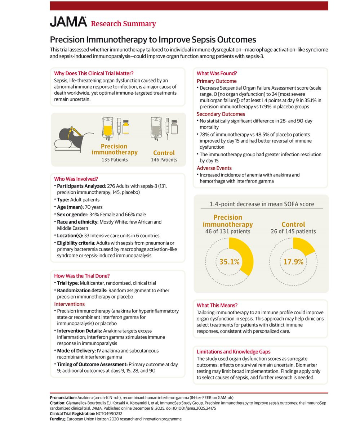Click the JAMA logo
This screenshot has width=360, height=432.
68,22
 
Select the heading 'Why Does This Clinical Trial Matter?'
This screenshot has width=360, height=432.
94,73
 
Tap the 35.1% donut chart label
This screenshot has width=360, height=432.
229,262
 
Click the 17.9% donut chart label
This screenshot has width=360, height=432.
293,262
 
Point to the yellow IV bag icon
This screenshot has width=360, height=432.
108,129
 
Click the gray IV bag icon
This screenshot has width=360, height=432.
156,129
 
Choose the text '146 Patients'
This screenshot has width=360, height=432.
164,160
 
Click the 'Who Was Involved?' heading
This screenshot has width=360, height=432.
76,179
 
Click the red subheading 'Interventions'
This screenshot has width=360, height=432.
69,304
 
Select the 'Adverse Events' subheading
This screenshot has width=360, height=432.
214,168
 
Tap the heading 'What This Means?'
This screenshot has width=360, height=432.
217,305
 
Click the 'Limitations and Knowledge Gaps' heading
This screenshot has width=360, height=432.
234,352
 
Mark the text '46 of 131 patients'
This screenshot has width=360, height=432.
228,231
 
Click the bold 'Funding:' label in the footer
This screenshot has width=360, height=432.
58,419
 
